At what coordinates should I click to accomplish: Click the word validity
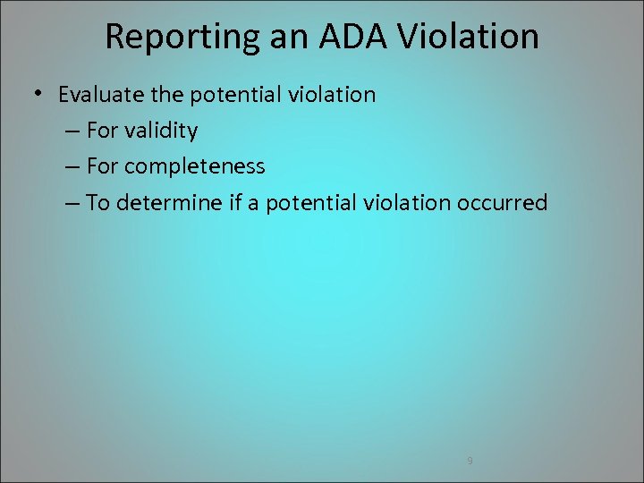coord(161,131)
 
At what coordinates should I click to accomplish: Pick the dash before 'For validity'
coord(73,131)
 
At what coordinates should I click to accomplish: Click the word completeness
coord(194,166)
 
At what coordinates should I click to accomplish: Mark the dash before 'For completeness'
coord(73,167)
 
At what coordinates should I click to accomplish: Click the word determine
coord(158,203)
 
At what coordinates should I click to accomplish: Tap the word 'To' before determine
coord(97,203)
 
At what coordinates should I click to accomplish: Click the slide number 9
coord(470,461)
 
